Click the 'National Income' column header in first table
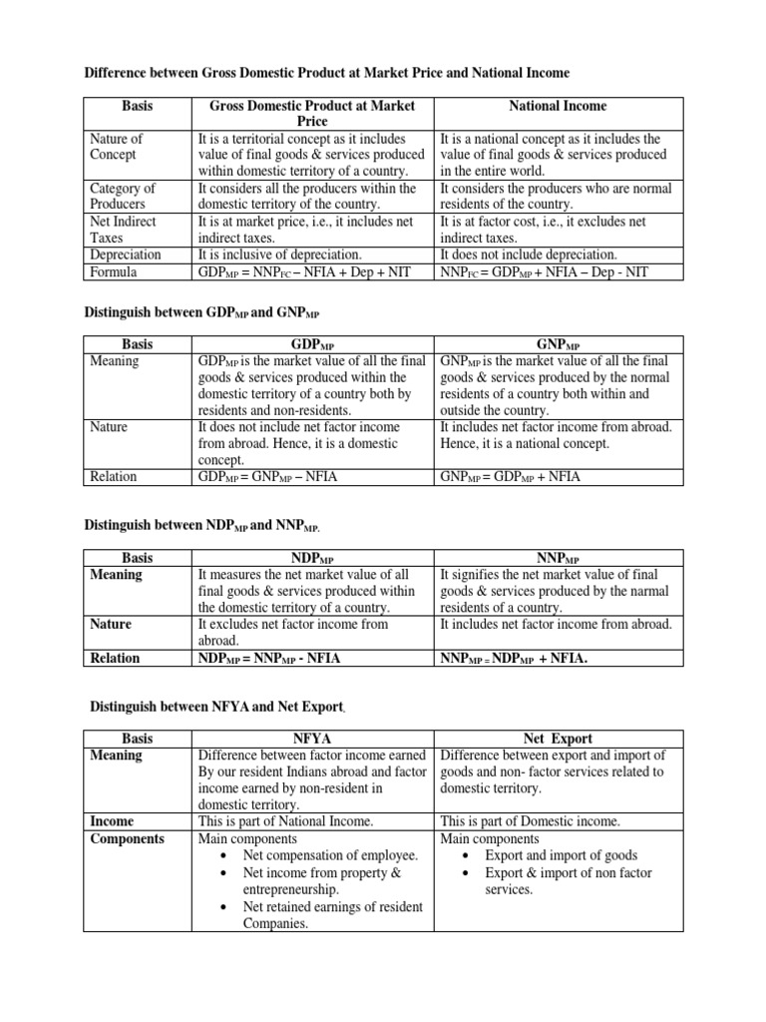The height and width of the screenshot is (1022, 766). tap(558, 106)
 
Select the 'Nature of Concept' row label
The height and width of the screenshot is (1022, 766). tap(116, 147)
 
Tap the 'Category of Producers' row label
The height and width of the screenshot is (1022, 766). tap(123, 197)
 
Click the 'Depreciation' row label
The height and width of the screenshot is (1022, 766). tap(126, 255)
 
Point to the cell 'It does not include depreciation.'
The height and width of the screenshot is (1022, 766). tap(529, 255)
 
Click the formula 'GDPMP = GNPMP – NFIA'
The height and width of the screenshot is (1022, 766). tap(269, 477)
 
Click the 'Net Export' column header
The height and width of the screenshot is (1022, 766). tap(558, 739)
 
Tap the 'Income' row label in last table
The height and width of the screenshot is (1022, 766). tap(112, 821)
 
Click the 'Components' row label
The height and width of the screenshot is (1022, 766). tap(127, 838)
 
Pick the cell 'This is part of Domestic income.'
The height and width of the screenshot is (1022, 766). tap(530, 821)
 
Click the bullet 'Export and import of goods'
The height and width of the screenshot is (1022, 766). tap(561, 855)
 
